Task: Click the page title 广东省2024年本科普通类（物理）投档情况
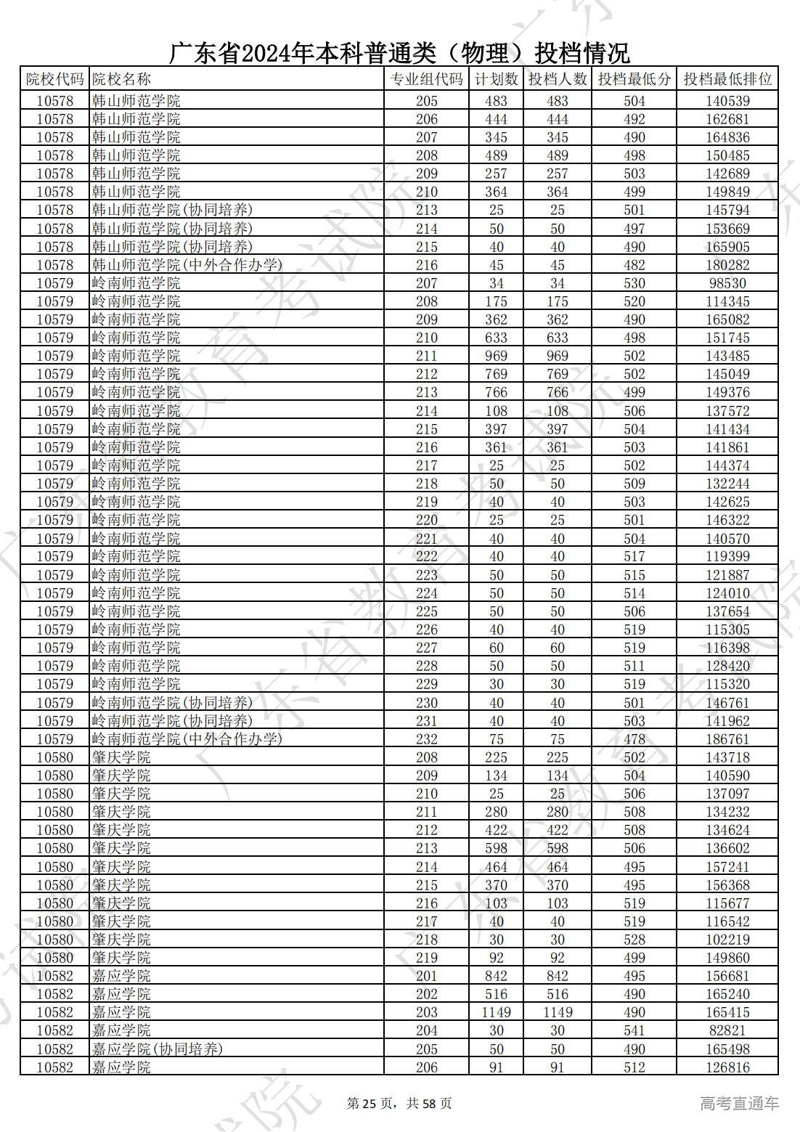click(399, 53)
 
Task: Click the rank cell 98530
click(727, 283)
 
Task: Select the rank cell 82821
click(727, 1030)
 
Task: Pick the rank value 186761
click(727, 739)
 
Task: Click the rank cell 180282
click(727, 265)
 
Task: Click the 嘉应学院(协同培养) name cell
click(158, 1049)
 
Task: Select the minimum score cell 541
click(634, 1030)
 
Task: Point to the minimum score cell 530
click(634, 283)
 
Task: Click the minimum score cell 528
click(634, 940)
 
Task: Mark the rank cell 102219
click(727, 940)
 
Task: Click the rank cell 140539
click(727, 101)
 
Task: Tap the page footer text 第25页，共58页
click(399, 1104)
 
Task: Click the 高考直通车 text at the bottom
click(739, 1104)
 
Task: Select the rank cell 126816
click(727, 1067)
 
